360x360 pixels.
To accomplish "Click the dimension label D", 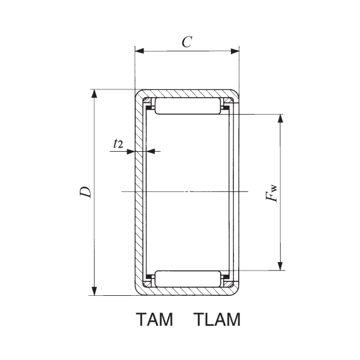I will click(x=86, y=192).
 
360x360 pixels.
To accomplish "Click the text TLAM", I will click(x=217, y=321).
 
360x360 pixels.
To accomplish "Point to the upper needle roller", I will click(x=187, y=107).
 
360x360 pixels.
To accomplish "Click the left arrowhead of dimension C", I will click(x=139, y=51).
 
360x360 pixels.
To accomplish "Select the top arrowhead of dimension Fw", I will click(x=280, y=117).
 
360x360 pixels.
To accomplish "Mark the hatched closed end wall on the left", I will click(x=137, y=192).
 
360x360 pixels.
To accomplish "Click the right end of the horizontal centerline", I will click(x=247, y=191).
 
